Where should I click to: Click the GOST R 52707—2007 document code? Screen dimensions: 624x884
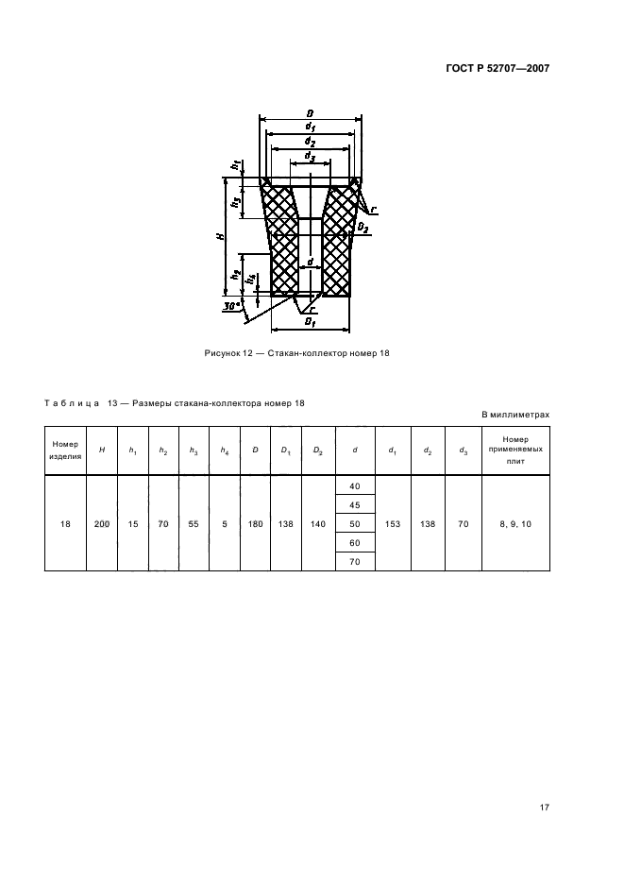click(498, 68)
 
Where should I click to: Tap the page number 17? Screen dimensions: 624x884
click(544, 807)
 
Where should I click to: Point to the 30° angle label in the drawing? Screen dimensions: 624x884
click(231, 306)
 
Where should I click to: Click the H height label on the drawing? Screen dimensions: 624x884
click(220, 236)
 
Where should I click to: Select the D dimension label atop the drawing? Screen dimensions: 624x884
click(310, 113)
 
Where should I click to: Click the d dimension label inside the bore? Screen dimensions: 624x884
click(310, 263)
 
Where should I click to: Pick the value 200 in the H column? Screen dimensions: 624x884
click(102, 524)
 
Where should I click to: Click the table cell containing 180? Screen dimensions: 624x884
click(255, 524)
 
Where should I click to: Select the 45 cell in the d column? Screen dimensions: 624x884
click(355, 505)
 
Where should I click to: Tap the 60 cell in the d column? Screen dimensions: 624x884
click(355, 543)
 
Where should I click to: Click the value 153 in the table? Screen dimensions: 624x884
click(393, 524)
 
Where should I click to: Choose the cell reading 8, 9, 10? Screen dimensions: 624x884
click(515, 524)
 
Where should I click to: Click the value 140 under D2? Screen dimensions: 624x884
click(318, 524)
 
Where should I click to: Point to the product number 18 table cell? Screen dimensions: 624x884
click(65, 524)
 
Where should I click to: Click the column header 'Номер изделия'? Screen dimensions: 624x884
click(65, 450)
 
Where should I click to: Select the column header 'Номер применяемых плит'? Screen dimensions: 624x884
click(515, 450)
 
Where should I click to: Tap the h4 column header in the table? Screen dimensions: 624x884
click(225, 450)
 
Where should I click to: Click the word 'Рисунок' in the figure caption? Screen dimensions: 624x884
click(222, 353)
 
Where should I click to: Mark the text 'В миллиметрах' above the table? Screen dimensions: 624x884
click(515, 415)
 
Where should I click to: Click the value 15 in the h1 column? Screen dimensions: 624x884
click(133, 524)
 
